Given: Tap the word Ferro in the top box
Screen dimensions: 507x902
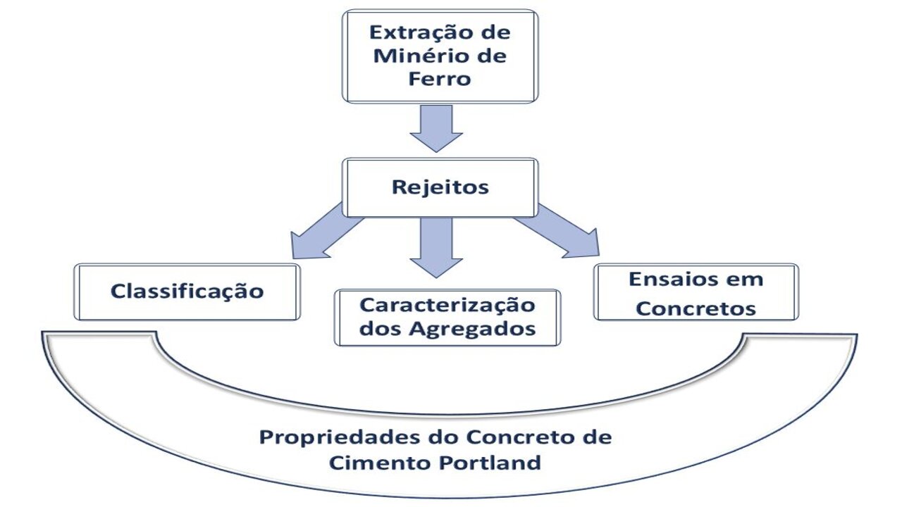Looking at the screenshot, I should click(x=439, y=78).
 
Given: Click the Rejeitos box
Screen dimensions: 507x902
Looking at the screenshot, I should click(x=440, y=187).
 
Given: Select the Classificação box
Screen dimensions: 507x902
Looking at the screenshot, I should click(x=187, y=291).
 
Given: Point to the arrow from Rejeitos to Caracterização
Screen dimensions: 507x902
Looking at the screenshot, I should click(x=436, y=246).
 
